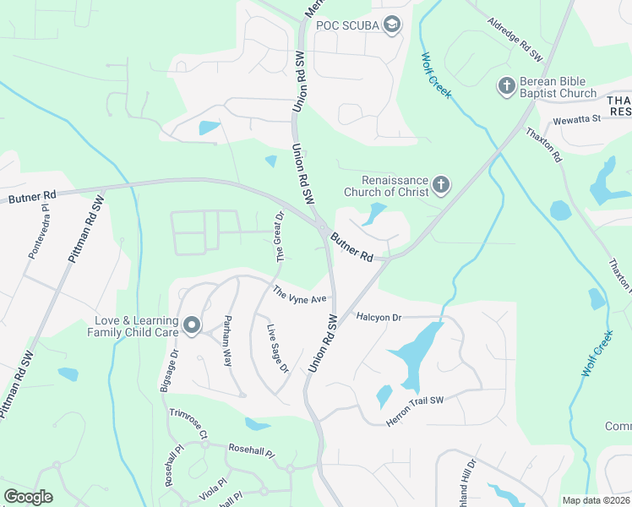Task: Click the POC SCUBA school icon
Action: click(391, 25)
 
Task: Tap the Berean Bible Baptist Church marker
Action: click(506, 85)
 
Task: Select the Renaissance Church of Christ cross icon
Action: click(440, 184)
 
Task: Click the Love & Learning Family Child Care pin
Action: click(192, 325)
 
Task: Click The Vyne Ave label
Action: click(298, 295)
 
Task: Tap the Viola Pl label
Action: click(216, 485)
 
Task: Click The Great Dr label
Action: click(277, 236)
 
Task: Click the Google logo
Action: click(29, 497)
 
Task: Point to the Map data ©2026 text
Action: click(596, 500)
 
